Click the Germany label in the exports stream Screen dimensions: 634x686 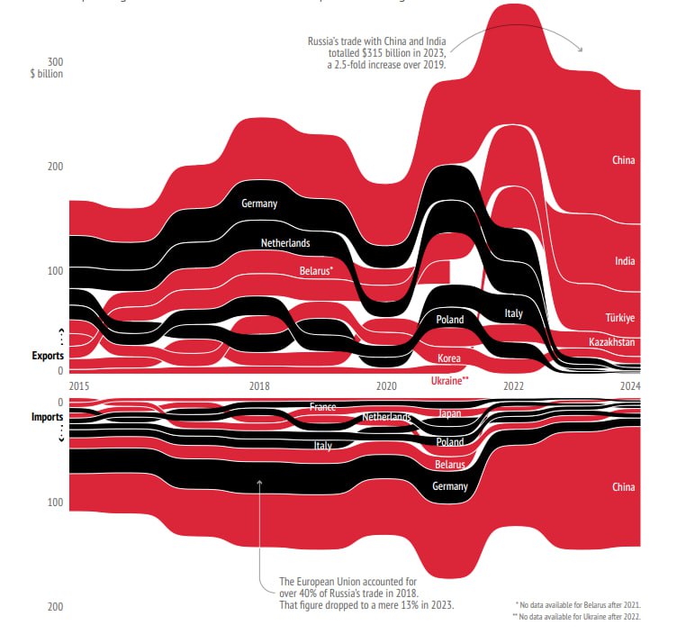pos(259,204)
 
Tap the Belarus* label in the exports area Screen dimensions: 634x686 pos(316,270)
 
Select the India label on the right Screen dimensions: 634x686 pos(625,261)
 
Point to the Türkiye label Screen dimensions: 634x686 pos(619,318)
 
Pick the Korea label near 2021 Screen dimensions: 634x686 pos(449,358)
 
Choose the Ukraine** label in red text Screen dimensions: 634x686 pos(450,382)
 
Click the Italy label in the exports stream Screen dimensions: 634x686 pos(513,313)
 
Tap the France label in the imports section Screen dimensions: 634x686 pos(322,407)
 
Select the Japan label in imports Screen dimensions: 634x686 pos(449,413)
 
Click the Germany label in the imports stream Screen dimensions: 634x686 pos(449,486)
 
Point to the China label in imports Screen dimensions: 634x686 pos(624,487)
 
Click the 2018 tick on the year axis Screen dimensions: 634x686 pos(259,386)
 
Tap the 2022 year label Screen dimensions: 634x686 pos(513,386)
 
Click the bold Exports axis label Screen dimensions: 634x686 pos(48,357)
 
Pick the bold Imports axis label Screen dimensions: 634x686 pos(48,418)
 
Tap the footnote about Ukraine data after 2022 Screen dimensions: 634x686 pos(577,616)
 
